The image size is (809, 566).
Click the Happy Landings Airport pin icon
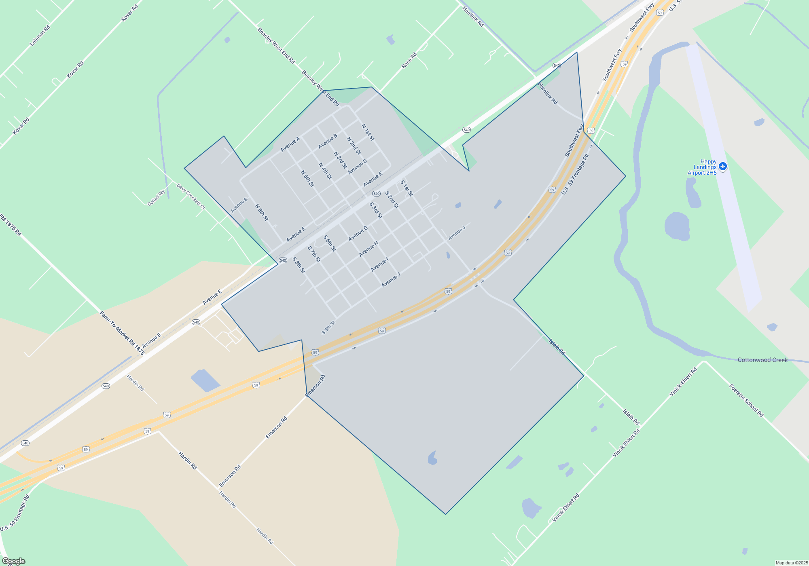click(723, 167)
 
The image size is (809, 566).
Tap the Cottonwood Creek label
click(762, 360)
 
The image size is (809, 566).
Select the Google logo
click(14, 561)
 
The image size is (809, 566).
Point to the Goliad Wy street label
click(156, 198)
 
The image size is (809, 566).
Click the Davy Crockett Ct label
click(191, 196)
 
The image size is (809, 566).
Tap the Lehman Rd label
click(40, 35)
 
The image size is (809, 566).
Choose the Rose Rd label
click(409, 61)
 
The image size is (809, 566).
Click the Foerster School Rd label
click(746, 400)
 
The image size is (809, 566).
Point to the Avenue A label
click(290, 144)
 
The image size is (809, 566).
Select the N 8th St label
click(261, 212)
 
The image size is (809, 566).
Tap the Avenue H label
click(369, 249)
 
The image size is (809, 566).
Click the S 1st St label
click(407, 188)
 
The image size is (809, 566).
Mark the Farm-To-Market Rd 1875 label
click(122, 333)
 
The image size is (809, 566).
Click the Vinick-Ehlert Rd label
click(683, 382)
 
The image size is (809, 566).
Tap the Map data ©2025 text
click(792, 563)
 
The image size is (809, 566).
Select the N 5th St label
click(307, 178)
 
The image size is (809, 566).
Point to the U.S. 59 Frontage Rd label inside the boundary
click(575, 174)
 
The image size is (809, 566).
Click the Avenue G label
click(358, 233)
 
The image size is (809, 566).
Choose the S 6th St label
click(330, 243)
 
